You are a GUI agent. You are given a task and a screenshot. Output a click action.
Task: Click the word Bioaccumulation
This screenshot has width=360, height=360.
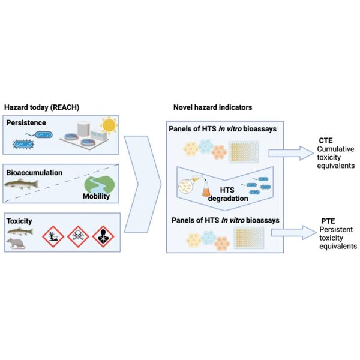click(34, 172)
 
